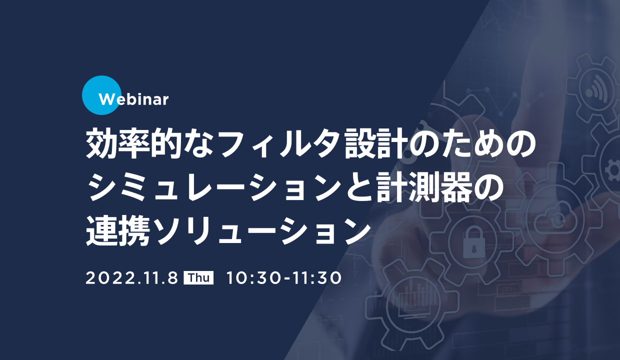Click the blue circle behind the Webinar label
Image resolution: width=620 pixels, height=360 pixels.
tap(101, 95)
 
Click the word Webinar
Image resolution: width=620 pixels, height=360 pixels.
tap(133, 99)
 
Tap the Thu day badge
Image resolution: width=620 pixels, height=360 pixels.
tap(198, 278)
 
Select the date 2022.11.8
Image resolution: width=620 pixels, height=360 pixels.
tap(131, 278)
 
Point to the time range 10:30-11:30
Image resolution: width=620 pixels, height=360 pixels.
tap(284, 278)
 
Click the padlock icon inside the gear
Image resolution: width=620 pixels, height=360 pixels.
tap(474, 242)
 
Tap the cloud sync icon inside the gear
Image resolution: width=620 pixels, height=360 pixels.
tap(556, 218)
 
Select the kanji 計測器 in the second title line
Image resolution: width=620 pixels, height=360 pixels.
tap(423, 186)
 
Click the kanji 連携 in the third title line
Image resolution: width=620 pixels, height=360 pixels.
tap(118, 230)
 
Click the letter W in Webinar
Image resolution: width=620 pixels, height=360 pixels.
tap(106, 99)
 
